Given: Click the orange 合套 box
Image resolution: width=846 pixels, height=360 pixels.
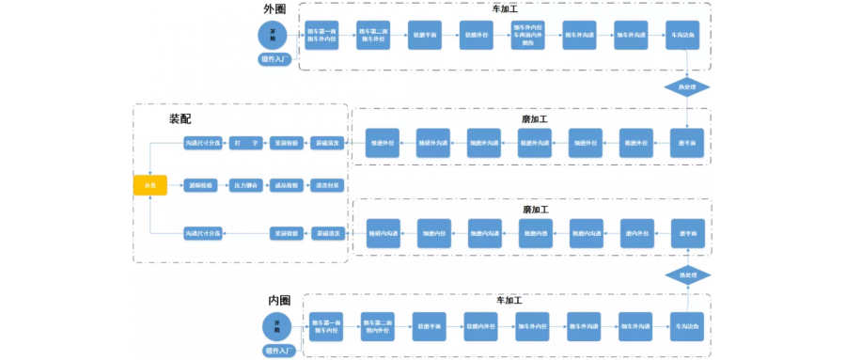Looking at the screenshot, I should click(x=150, y=185).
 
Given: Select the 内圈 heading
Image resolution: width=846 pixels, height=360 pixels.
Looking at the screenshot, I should click(x=279, y=300).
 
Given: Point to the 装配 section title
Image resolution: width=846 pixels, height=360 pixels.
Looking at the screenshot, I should click(x=180, y=119).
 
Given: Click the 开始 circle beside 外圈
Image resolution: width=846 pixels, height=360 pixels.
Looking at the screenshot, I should click(x=273, y=35).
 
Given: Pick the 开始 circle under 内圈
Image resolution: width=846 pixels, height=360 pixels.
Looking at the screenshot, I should click(x=276, y=327).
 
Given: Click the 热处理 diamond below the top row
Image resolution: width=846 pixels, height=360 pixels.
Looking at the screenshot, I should click(x=686, y=87).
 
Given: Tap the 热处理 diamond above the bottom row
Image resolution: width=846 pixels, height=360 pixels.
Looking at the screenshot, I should click(x=686, y=274).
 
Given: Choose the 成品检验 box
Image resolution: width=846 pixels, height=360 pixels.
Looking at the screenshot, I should click(x=285, y=185).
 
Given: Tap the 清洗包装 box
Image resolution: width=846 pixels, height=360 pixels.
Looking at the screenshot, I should click(x=328, y=185).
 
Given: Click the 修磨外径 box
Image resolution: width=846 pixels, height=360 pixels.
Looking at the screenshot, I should click(x=383, y=143).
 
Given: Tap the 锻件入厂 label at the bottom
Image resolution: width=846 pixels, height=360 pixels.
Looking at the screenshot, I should click(x=280, y=351).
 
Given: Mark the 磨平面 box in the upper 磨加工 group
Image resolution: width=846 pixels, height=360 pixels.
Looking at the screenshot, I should click(x=687, y=143).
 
